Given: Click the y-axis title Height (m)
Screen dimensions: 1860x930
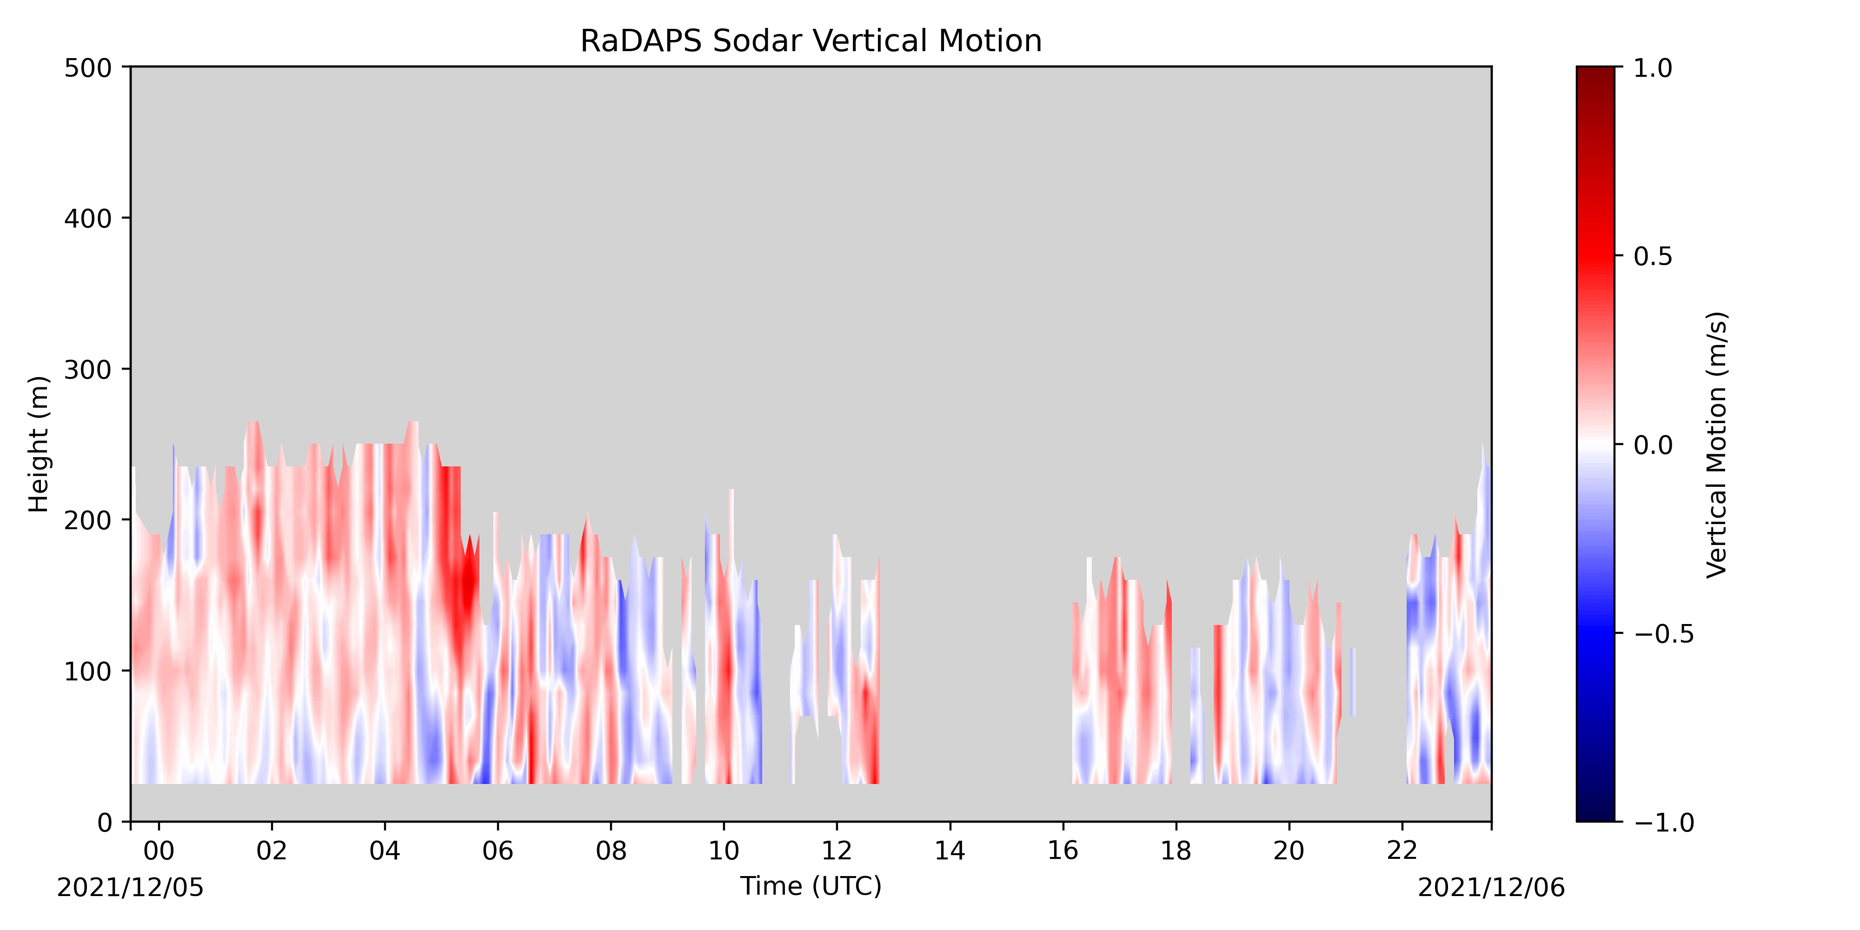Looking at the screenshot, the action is pyautogui.click(x=39, y=444).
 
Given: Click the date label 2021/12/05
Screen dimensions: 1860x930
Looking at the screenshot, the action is pyautogui.click(x=131, y=887).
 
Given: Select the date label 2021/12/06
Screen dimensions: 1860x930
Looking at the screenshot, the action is pyautogui.click(x=1491, y=887).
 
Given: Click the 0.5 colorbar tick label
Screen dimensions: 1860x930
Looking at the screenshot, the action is pyautogui.click(x=1653, y=256).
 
